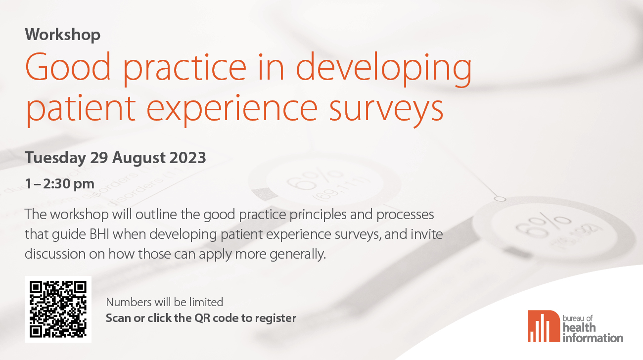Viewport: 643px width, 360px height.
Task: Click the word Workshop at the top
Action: (63, 35)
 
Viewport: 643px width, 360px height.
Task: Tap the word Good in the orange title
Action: (68, 67)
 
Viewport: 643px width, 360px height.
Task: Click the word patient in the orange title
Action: (80, 110)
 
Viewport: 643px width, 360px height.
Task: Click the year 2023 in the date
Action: (188, 158)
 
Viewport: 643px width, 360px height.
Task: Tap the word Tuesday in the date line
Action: (55, 158)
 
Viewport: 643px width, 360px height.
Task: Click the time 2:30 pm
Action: (69, 184)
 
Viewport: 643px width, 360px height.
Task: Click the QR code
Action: (58, 309)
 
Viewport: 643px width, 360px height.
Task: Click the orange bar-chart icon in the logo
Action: (544, 326)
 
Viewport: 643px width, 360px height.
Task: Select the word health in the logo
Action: (579, 327)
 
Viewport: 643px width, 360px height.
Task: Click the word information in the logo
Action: (593, 338)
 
